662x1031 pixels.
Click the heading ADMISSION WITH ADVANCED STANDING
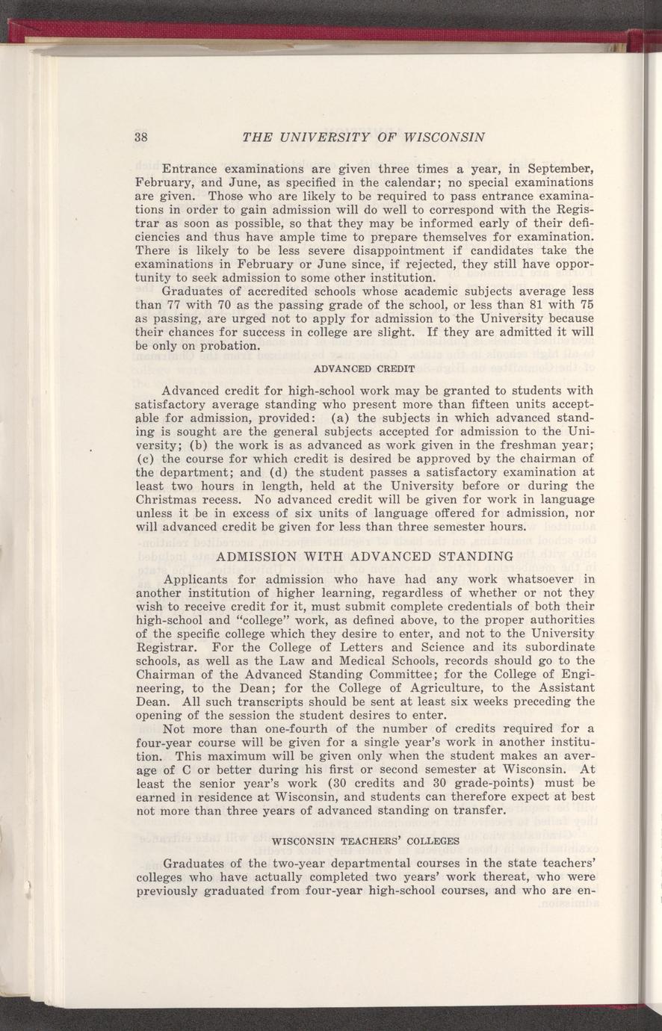pos(364,556)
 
